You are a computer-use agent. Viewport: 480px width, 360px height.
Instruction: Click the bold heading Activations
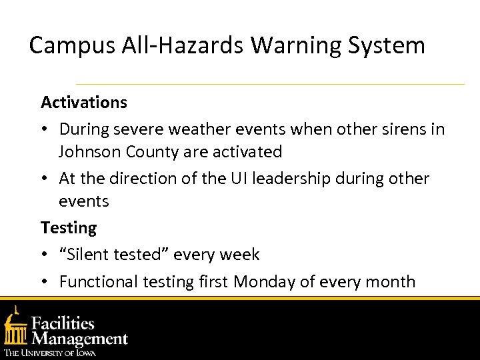[84, 103]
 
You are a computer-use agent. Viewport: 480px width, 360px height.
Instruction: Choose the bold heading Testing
[69, 228]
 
